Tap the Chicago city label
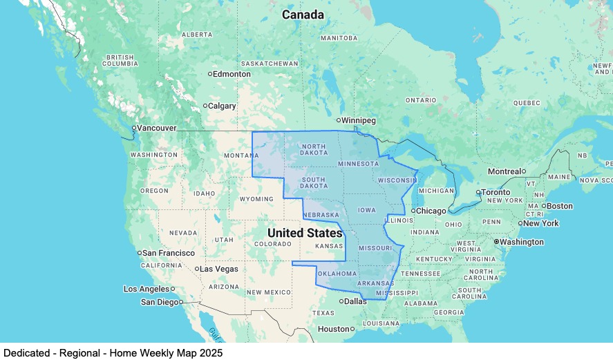point(432,211)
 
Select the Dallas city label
point(356,301)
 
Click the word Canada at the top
point(303,15)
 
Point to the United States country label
point(305,233)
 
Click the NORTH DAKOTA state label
point(313,150)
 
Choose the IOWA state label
point(367,209)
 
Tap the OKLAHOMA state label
point(337,274)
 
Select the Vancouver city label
point(156,128)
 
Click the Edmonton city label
point(232,74)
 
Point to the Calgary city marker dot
point(205,106)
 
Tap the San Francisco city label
point(169,253)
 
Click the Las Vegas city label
point(219,269)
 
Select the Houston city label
point(334,329)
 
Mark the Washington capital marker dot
point(496,242)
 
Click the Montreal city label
point(504,171)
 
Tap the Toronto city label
point(495,192)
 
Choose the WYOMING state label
point(256,199)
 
